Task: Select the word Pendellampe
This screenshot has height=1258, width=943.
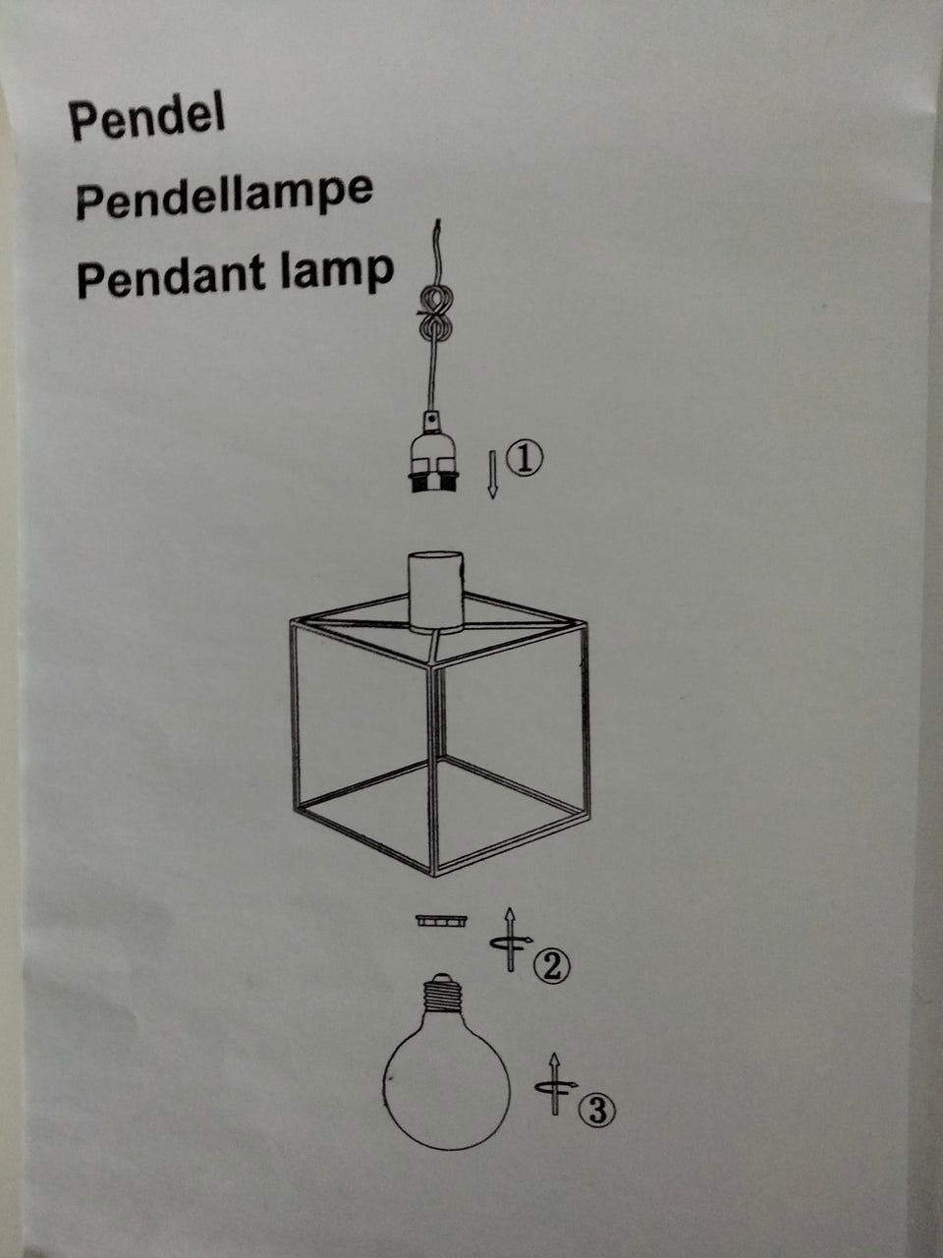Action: (224, 196)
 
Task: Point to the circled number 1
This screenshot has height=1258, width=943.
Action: (524, 460)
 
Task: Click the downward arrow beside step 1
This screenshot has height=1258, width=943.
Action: (492, 475)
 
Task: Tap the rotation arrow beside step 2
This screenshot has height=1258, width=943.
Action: (510, 940)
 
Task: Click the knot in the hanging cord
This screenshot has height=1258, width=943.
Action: (436, 314)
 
